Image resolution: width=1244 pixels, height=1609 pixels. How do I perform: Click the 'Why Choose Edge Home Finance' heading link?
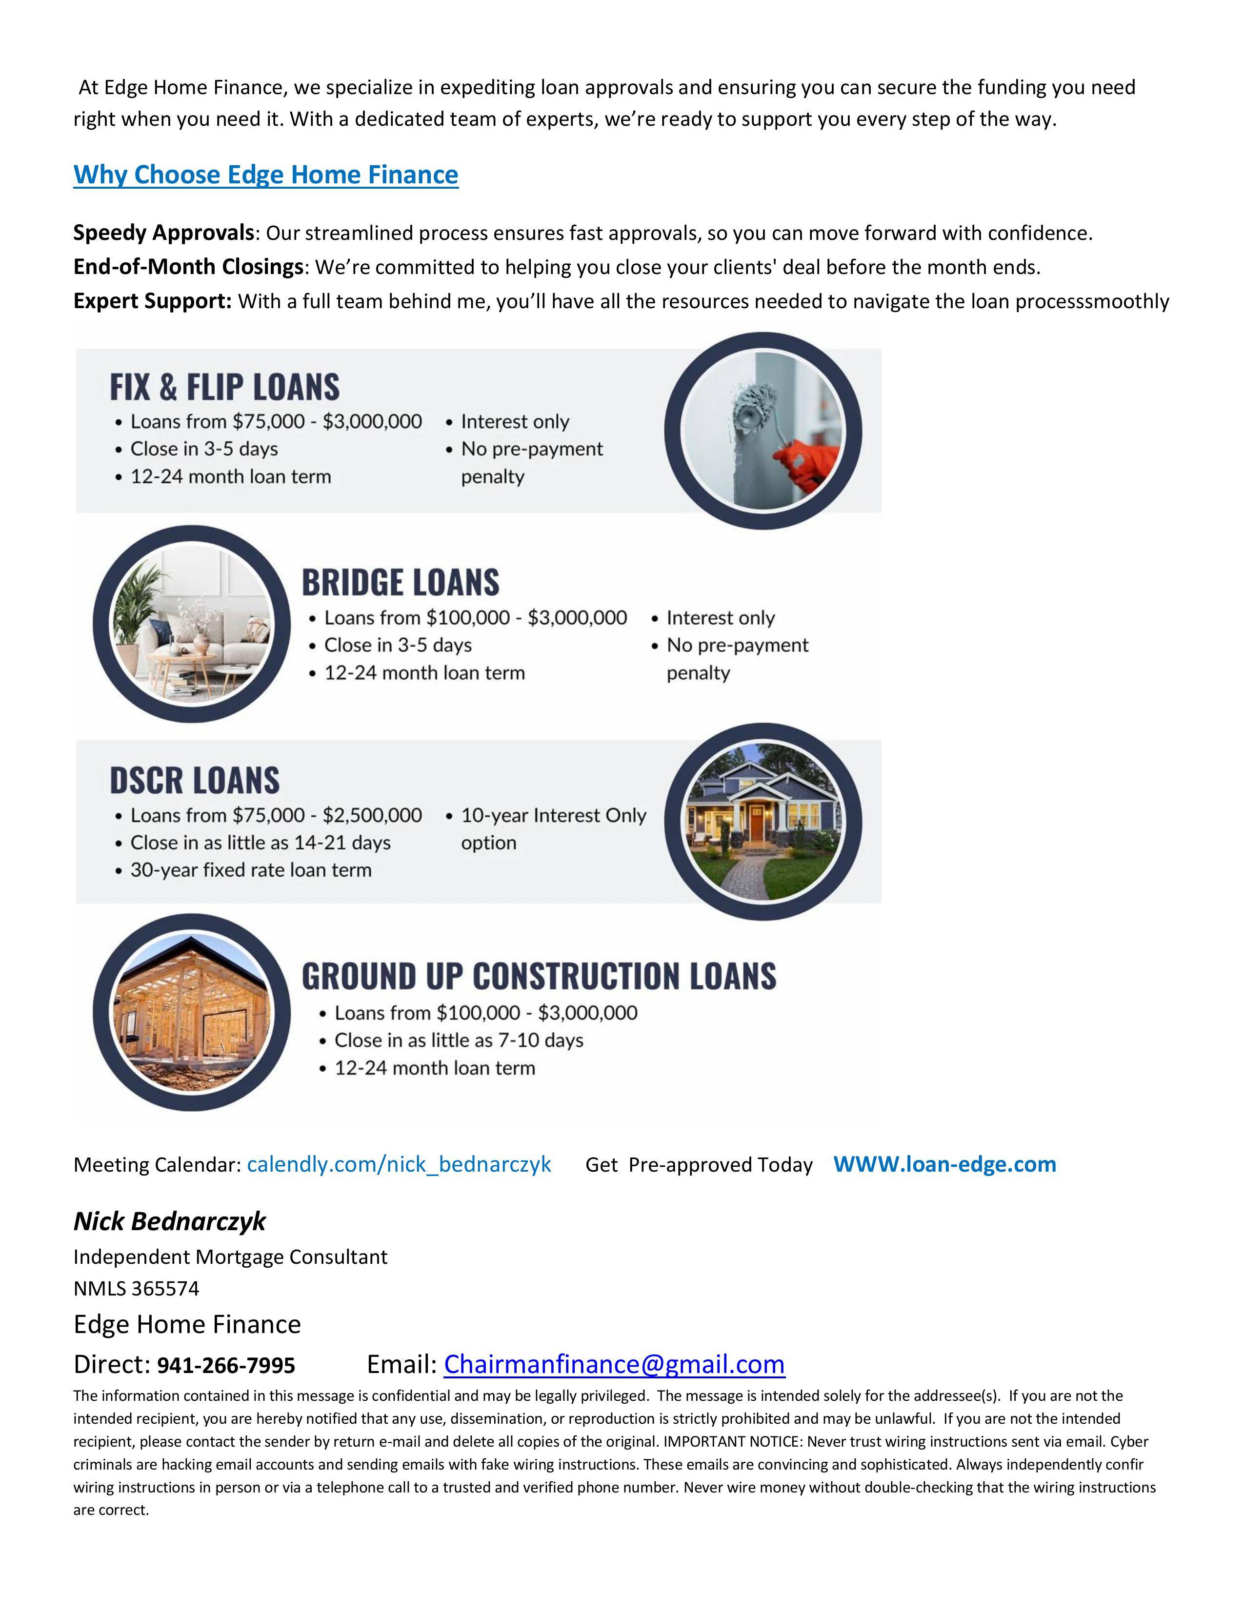point(265,175)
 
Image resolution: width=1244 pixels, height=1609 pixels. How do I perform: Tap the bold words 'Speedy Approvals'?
point(163,233)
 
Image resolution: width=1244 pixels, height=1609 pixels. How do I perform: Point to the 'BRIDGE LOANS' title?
point(400,583)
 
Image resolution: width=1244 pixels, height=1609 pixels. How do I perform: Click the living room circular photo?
point(190,624)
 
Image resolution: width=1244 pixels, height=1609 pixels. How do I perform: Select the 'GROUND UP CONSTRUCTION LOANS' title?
point(539,976)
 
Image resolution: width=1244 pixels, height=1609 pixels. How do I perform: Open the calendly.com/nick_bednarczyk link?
point(399,1164)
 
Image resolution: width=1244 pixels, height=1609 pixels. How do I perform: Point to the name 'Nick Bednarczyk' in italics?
point(169,1221)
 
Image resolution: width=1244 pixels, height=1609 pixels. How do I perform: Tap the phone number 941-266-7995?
point(226,1365)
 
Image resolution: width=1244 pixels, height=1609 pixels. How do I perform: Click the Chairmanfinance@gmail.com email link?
point(614,1364)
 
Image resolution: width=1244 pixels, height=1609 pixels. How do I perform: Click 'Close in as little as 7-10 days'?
point(459,1040)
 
